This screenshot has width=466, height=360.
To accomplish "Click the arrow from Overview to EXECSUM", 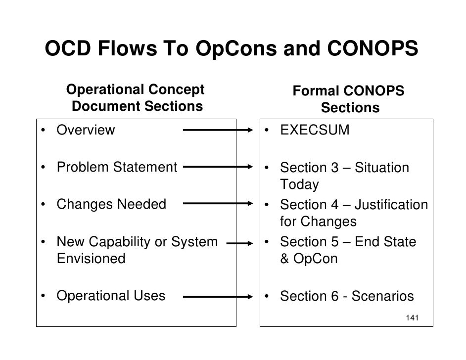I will click(218, 131).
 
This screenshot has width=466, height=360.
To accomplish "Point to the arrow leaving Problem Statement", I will click(218, 167).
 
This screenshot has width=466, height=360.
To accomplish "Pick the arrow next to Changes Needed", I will click(218, 204).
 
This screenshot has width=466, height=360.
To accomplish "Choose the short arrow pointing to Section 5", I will click(239, 243).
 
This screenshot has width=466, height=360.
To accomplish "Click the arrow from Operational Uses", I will click(218, 297).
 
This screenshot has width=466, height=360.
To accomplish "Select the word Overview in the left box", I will click(86, 130).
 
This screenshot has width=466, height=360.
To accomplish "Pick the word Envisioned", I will click(91, 259).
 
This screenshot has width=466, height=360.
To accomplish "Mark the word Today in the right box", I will click(299, 185).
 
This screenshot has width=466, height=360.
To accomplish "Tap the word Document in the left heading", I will click(103, 106).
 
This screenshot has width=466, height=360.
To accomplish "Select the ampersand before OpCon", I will click(285, 259).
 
